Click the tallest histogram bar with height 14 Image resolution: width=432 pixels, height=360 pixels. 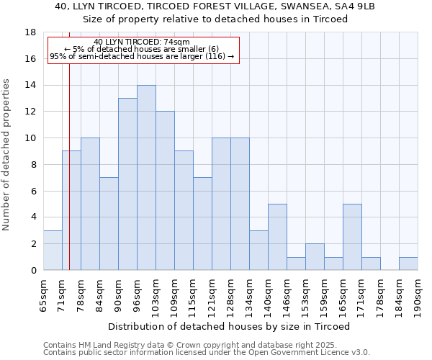pos(146,178)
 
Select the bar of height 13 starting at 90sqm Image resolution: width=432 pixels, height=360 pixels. pos(127,184)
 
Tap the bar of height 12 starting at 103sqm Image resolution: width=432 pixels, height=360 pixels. pos(165,191)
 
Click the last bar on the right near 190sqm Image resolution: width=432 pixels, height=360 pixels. pos(408,264)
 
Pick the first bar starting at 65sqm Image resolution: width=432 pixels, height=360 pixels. pos(53,251)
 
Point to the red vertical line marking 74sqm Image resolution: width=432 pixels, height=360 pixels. pos(69,180)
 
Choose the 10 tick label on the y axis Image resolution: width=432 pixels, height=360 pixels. pos(30,138)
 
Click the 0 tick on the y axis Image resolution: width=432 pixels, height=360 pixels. pos(33,270)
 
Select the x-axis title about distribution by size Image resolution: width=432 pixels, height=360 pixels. pos(229,327)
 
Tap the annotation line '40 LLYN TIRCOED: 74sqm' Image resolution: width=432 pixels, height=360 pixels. pos(142,42)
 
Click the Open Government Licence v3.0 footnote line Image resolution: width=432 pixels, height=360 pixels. pos(207,353)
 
